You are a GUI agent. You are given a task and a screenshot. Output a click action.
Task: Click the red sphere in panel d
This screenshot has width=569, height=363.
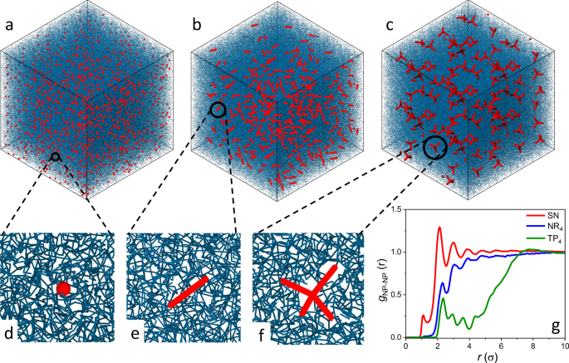(x=64, y=288)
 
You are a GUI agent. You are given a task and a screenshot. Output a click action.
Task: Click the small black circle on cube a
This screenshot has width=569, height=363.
(x=55, y=156)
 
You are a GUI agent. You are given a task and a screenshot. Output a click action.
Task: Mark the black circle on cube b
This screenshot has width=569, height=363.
(x=218, y=110)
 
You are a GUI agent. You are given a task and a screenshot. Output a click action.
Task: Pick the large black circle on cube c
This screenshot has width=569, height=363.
(x=435, y=148)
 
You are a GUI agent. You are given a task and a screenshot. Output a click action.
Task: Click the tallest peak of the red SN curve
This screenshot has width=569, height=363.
(x=439, y=228)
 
